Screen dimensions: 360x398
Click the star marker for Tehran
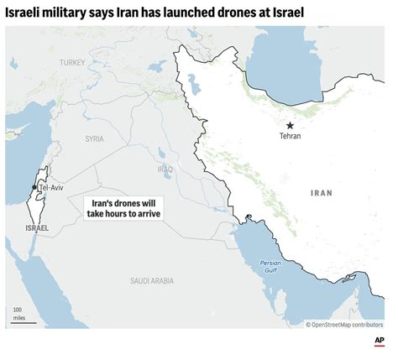coord(290,124)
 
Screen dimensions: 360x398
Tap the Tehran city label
coord(291,136)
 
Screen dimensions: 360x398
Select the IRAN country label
coord(322,193)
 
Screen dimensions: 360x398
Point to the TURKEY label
coord(72,62)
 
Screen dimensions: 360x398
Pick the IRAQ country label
coord(165,169)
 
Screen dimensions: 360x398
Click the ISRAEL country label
coord(37,227)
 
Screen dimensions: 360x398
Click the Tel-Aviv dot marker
coord(34,187)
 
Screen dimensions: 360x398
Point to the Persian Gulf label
coord(258,266)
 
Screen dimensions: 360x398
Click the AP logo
coord(379,342)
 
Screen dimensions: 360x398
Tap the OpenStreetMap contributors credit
coord(345,324)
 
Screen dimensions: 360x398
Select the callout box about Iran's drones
coord(123,209)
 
